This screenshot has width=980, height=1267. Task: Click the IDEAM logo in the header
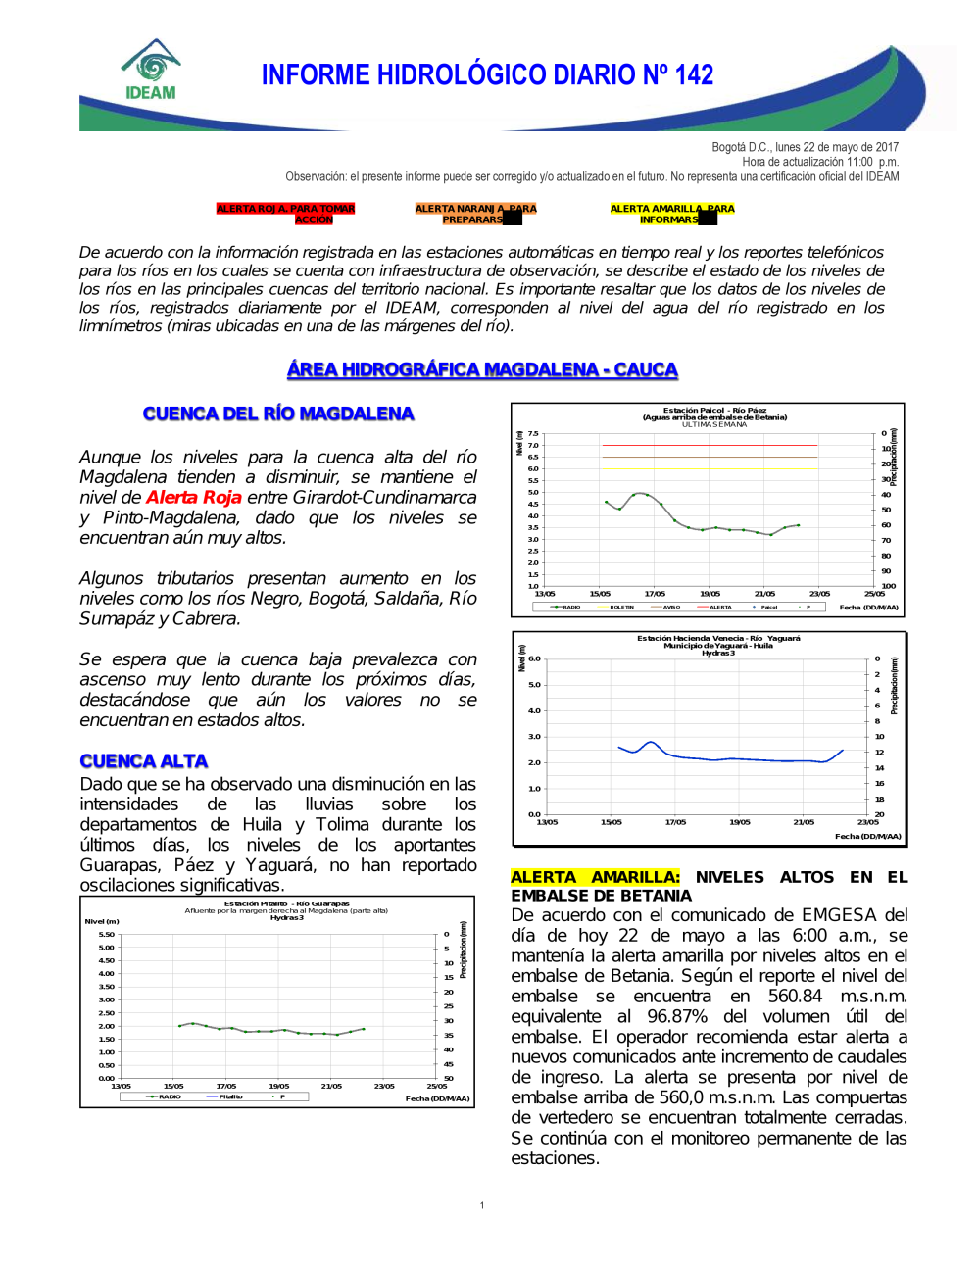(151, 71)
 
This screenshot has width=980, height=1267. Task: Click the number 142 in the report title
(694, 75)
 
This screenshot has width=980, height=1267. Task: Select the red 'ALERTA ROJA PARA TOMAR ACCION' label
(285, 214)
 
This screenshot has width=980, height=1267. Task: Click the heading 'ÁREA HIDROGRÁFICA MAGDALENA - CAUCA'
(482, 369)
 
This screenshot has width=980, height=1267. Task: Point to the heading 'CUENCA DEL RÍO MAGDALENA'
(278, 414)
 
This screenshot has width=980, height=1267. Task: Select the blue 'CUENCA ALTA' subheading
(144, 761)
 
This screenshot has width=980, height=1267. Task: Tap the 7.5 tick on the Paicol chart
(533, 433)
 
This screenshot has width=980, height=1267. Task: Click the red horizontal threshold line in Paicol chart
(710, 445)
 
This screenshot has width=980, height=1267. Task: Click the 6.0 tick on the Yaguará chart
(534, 658)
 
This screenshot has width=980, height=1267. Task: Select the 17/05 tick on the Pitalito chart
(225, 1086)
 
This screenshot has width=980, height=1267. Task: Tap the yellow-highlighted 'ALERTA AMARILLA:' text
(595, 877)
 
